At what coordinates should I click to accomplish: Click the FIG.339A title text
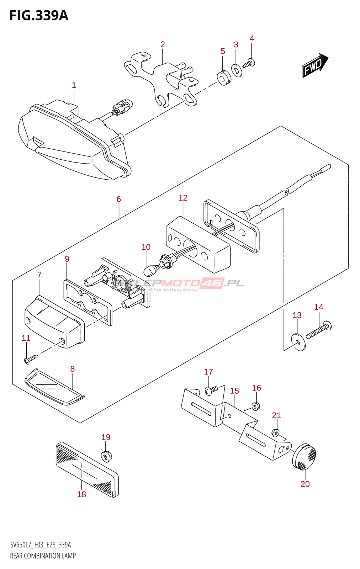point(39,16)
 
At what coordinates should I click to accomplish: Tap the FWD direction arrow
point(314,65)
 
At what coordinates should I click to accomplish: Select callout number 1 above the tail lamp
point(74,85)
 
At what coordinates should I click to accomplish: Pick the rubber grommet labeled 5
point(224,78)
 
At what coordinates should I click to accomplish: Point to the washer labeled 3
point(237,70)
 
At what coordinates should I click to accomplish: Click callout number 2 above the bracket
point(163,45)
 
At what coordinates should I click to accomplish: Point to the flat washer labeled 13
point(298,342)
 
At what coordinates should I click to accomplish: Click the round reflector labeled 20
point(305,456)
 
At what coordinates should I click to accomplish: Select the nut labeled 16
point(256,405)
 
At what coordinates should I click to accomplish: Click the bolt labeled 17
point(211,390)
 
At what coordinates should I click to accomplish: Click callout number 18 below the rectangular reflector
point(81,494)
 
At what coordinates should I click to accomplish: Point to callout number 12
point(183,198)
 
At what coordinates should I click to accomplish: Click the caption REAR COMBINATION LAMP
point(43,556)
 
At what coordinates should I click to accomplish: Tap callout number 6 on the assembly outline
point(119,199)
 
